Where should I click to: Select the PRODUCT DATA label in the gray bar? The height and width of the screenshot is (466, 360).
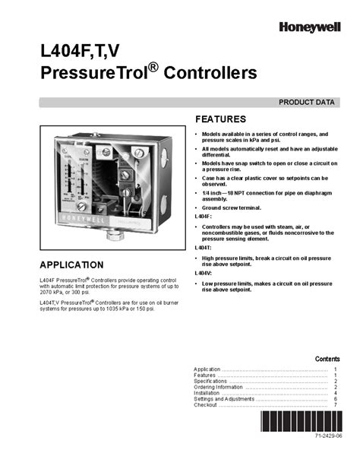[x=307, y=101]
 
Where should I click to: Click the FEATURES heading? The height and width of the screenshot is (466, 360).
[x=220, y=119]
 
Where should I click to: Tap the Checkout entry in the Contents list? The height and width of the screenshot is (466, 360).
[x=206, y=405]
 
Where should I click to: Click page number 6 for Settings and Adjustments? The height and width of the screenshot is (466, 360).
[x=335, y=399]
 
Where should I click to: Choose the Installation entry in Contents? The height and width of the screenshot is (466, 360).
[x=207, y=393]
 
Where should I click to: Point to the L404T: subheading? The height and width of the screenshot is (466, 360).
[x=204, y=248]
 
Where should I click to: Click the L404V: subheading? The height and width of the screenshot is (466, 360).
[x=204, y=272]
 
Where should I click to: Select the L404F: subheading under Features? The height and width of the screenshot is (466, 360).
[x=204, y=217]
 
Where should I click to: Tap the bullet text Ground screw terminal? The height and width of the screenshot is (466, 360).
[x=232, y=208]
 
